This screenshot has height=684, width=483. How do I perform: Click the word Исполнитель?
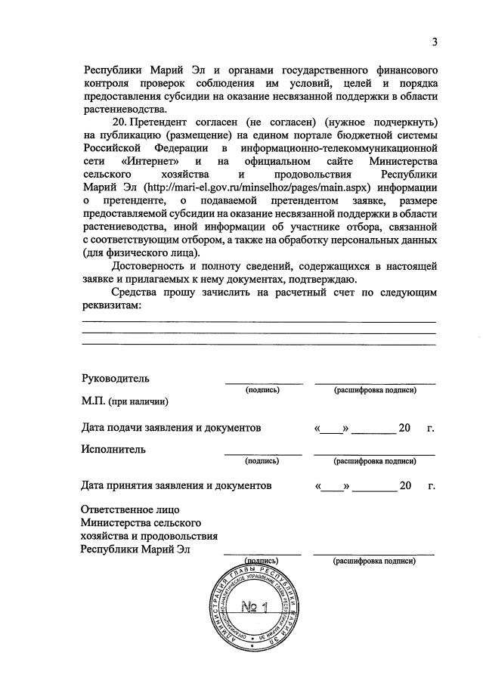(x=114, y=449)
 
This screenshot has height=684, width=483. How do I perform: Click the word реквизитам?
(x=111, y=305)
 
